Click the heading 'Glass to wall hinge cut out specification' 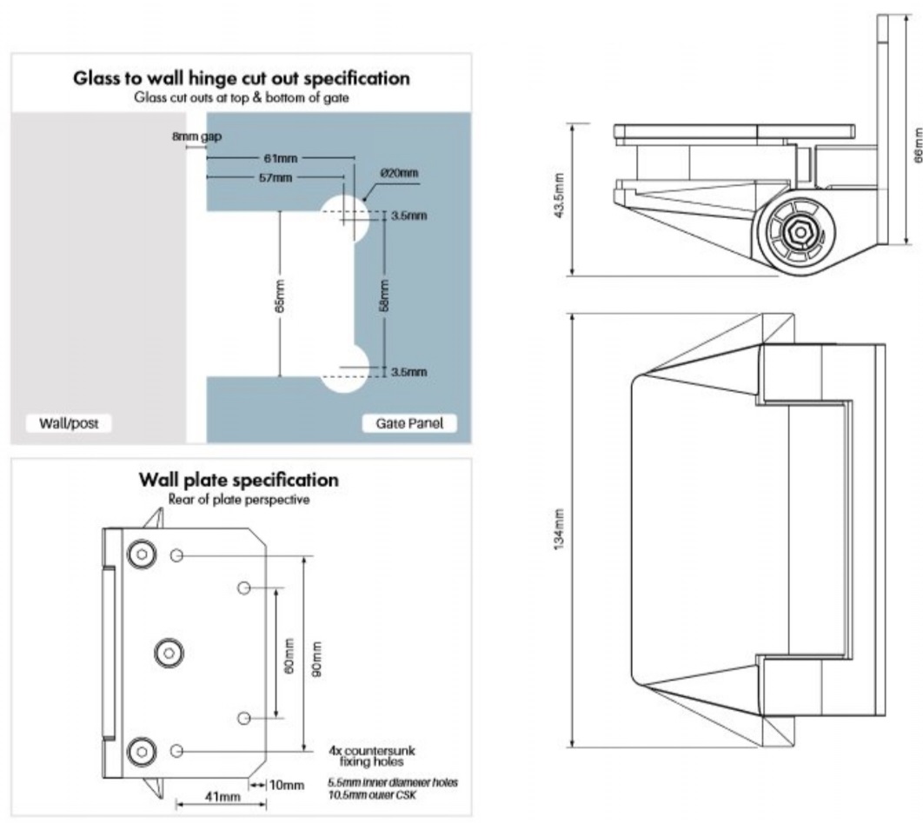point(241,77)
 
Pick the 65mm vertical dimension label point(281,294)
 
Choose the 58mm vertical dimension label point(384,294)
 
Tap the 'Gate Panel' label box point(408,423)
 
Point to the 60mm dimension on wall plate point(289,653)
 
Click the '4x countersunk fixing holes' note point(368,753)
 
